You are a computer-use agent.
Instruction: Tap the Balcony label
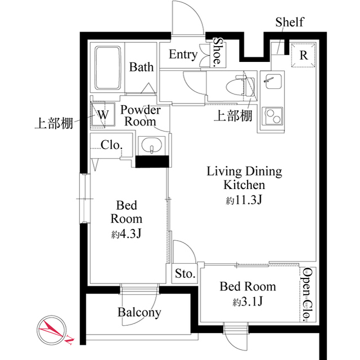(x=139, y=312)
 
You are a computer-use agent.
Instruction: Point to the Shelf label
(x=289, y=22)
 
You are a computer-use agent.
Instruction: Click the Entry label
(x=183, y=55)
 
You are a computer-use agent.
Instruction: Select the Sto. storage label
(x=184, y=274)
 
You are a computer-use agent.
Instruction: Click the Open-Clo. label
(x=307, y=294)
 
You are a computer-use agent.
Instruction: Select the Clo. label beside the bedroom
(x=111, y=145)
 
